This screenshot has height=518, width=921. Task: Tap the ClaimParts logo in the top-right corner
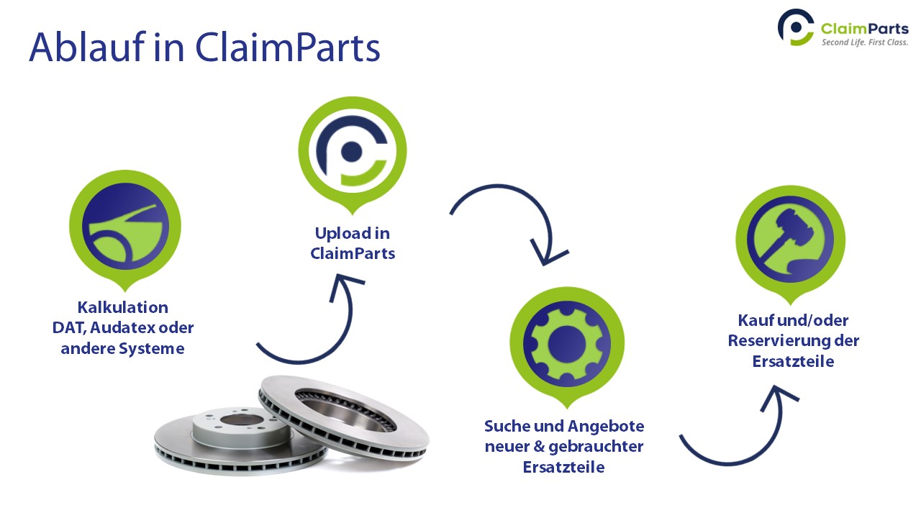click(x=843, y=28)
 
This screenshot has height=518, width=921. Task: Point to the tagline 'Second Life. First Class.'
click(x=865, y=42)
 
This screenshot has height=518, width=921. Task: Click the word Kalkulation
click(x=123, y=307)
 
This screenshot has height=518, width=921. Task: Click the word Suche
click(x=509, y=425)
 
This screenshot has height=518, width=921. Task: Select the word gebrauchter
click(x=596, y=446)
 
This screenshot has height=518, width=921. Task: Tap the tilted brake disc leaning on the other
click(x=345, y=417)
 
